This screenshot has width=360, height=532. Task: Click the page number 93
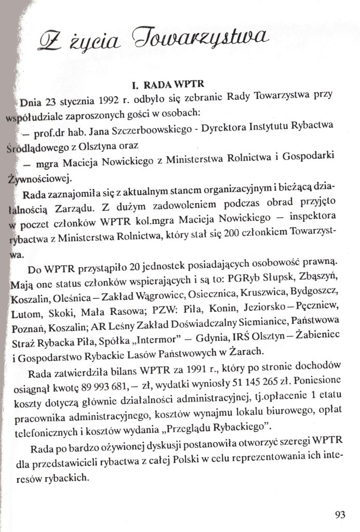pos(340,515)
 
